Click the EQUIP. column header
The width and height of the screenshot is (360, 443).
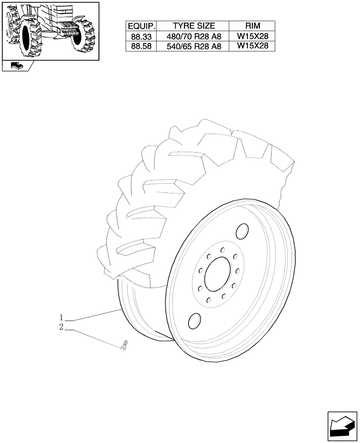point(141,26)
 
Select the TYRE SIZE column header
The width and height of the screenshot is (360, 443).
point(194,26)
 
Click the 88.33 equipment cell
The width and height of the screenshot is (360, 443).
point(141,36)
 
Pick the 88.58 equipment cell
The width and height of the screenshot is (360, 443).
point(141,46)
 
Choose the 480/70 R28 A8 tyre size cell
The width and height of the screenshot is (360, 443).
point(194,36)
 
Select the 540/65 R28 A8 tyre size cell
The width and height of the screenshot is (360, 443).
point(194,46)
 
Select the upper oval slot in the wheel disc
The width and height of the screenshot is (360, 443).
point(242,231)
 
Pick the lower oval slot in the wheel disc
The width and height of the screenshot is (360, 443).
point(193,321)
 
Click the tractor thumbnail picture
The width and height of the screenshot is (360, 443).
point(50,30)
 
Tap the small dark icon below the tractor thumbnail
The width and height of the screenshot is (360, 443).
point(16,66)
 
